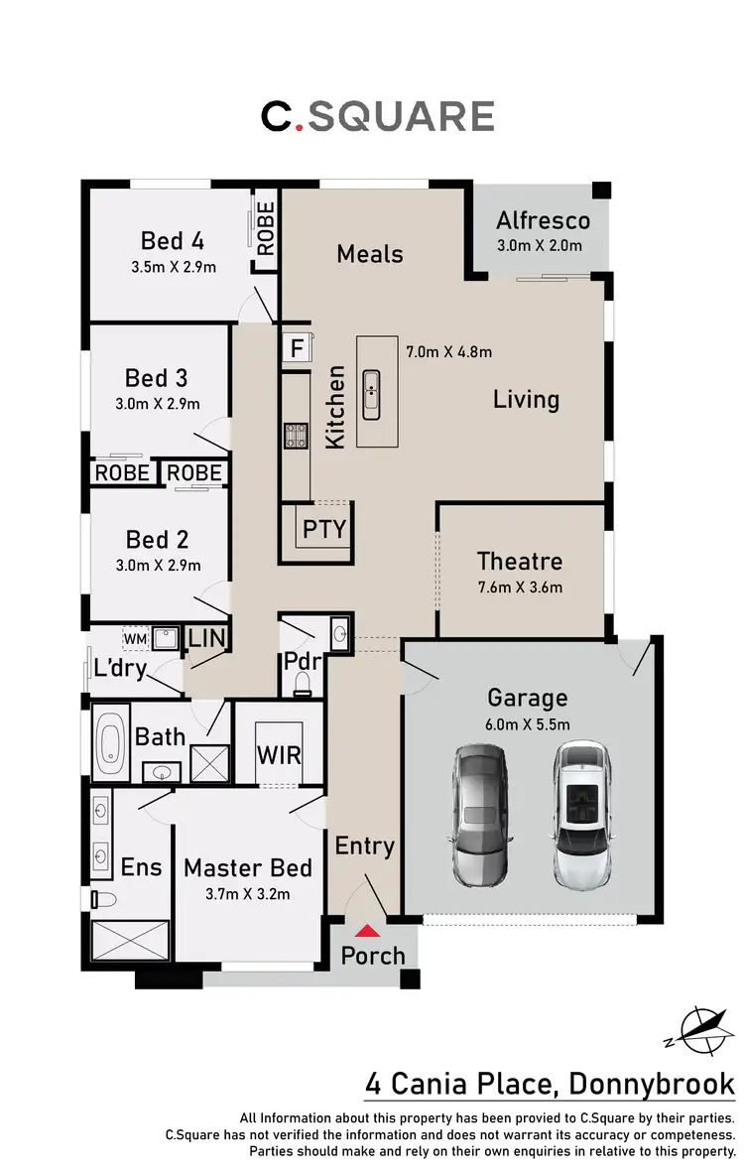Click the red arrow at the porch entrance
368,931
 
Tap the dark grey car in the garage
481,815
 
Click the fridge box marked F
297,348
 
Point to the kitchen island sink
372,392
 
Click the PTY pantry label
324,528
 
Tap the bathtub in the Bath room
110,740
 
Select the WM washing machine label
134,637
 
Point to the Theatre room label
520,562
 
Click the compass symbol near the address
700,1030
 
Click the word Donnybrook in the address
652,1084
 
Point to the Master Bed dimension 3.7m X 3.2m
247,894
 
